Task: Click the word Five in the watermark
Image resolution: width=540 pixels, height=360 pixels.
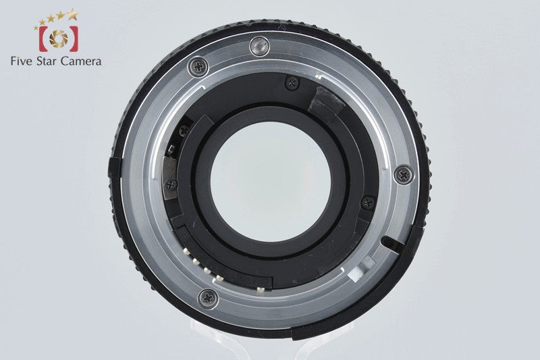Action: (x=22, y=61)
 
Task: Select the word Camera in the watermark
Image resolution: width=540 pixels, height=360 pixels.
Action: (x=81, y=61)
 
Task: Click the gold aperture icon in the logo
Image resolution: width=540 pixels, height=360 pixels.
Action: (x=59, y=38)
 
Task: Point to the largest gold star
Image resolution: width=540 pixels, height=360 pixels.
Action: (x=72, y=14)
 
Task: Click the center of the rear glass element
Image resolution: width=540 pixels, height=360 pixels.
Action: (x=271, y=182)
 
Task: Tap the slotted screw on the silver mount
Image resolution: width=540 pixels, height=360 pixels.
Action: (x=259, y=46)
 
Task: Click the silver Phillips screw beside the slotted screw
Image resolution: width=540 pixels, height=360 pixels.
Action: (x=198, y=66)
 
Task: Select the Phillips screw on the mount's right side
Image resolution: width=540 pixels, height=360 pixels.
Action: (x=403, y=176)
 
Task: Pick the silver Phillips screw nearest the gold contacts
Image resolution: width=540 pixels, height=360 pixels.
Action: (x=209, y=298)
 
